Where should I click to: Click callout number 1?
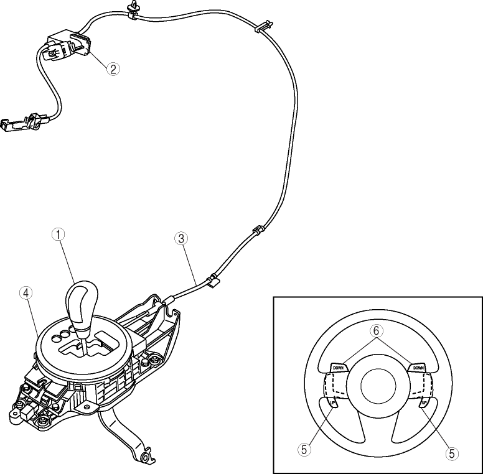(58, 235)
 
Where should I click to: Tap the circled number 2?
(113, 68)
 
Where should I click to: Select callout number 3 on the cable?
(181, 238)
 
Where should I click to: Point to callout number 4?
(26, 293)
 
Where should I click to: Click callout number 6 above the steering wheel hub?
(376, 331)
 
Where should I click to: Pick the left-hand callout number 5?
(304, 450)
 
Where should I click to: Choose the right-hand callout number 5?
(452, 453)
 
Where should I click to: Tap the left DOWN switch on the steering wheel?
(339, 368)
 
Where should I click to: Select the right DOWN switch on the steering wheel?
(418, 368)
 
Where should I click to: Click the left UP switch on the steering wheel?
(332, 403)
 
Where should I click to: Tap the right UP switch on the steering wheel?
(424, 403)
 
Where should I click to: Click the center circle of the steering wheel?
(378, 385)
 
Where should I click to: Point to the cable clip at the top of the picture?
(133, 10)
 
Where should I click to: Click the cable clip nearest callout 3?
(213, 281)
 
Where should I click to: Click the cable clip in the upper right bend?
(264, 27)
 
